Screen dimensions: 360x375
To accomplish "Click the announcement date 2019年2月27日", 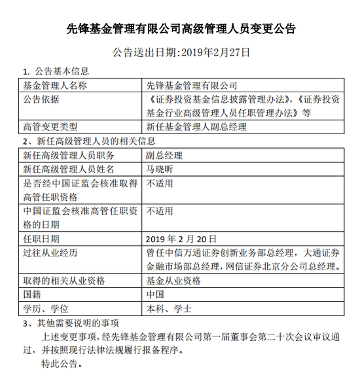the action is coord(181,50).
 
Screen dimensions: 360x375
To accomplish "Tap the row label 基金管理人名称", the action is coord(55,85).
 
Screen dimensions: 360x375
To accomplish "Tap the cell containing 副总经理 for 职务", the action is coord(164,155).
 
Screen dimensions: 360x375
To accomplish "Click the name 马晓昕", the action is coord(160,169).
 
